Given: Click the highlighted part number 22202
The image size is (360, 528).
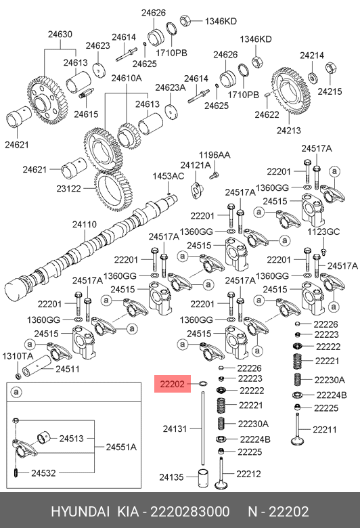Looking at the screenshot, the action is (x=172, y=384).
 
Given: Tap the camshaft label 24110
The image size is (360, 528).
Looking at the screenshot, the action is (x=85, y=224).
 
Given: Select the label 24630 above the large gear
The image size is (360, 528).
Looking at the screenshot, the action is (x=60, y=35).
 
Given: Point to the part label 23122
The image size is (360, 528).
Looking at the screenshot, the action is (x=69, y=189).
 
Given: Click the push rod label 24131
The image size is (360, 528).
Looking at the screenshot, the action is (x=175, y=428).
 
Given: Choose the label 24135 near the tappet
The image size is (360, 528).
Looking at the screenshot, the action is (x=171, y=477).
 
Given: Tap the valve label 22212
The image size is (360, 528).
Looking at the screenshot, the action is (x=248, y=474).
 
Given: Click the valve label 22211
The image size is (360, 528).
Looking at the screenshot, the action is (x=325, y=429).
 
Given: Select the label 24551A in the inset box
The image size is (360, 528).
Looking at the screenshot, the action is (x=121, y=447).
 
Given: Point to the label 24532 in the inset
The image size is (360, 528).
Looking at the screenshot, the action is (x=43, y=473).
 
